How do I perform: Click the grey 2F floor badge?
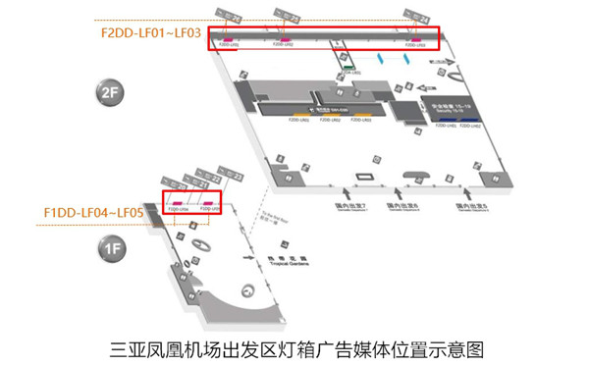pyautogui.click(x=108, y=93)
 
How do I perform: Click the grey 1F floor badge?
pyautogui.click(x=110, y=249)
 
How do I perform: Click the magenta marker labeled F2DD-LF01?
pyautogui.click(x=228, y=39)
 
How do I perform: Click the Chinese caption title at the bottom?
pyautogui.click(x=295, y=347)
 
